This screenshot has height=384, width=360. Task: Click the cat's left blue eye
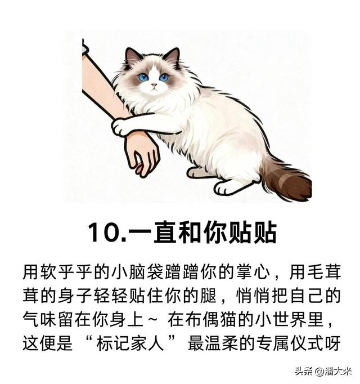click(143, 78)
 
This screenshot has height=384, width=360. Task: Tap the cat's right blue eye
click(164, 77)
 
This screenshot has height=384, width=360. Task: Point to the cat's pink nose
click(154, 85)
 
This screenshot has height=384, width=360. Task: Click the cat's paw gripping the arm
click(120, 127)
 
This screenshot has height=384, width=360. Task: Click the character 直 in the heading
click(165, 232)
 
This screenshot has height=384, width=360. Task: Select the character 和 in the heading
click(190, 232)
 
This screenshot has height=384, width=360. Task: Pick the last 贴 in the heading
click(265, 232)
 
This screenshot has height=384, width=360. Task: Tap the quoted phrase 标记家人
click(130, 343)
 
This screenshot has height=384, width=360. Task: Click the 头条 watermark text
click(304, 371)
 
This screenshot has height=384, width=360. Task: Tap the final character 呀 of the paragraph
click(333, 343)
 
